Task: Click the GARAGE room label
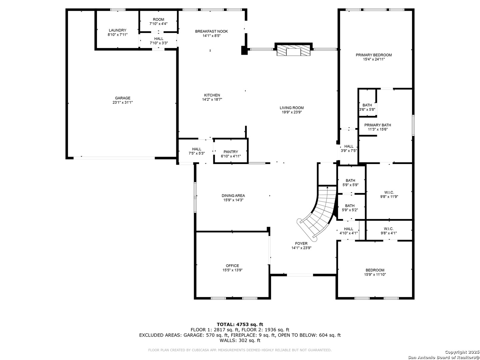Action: [122, 98]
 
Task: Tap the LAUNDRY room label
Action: [117, 30]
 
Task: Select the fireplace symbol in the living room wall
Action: [293, 50]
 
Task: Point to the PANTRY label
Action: [230, 152]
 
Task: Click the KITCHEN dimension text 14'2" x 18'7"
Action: [212, 100]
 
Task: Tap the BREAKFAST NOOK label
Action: [211, 31]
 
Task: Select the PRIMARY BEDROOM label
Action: [374, 55]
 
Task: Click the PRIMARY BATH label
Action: [377, 125]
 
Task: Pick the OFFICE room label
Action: [232, 266]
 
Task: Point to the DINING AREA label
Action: [233, 196]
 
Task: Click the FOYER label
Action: [301, 243]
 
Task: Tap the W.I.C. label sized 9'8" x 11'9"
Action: [389, 192]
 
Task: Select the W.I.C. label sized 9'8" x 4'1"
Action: [389, 229]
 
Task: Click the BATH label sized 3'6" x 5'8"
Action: [367, 105]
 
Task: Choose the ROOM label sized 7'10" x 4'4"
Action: [158, 19]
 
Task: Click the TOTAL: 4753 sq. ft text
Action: [240, 324]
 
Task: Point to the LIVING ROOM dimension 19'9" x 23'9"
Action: [292, 112]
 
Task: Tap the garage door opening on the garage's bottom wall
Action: [114, 158]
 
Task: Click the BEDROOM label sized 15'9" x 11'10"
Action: [375, 270]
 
